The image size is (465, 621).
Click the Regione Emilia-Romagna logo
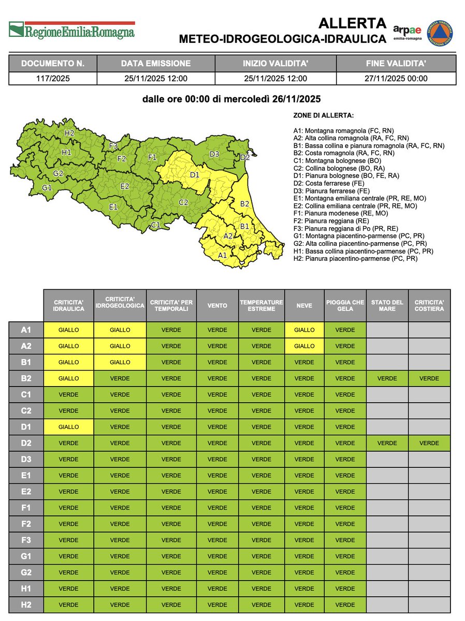point(72,30)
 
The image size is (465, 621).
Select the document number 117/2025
point(53,79)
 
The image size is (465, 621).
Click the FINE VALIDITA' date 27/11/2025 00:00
point(396,79)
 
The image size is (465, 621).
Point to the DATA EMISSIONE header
point(155,64)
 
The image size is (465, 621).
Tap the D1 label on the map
point(195,175)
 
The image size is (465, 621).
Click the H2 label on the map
point(69,133)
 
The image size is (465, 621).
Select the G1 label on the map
point(47,187)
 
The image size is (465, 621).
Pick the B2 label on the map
point(245,204)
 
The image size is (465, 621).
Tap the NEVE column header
point(304,305)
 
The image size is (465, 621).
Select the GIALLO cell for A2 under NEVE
point(304,346)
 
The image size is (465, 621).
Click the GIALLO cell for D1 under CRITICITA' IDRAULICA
point(69,427)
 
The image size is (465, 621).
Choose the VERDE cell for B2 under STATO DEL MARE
point(387,378)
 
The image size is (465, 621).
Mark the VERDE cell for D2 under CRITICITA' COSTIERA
point(429,443)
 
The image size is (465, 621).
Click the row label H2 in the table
point(25,604)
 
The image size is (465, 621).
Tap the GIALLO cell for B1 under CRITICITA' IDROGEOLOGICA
point(120,362)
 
